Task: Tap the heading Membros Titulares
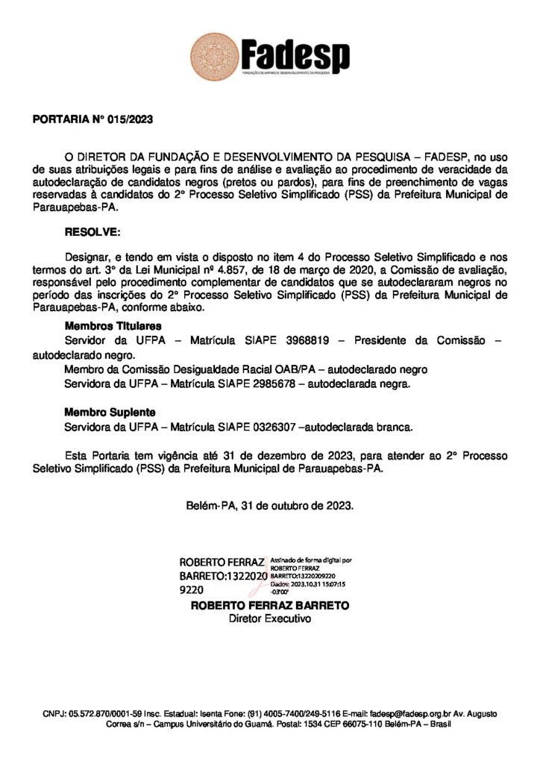(x=113, y=326)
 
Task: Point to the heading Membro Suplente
(x=109, y=412)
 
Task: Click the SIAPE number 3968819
(x=308, y=341)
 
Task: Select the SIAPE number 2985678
(x=276, y=383)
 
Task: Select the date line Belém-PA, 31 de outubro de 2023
(x=269, y=505)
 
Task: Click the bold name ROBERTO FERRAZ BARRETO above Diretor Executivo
(x=269, y=606)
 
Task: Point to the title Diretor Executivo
(x=269, y=619)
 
